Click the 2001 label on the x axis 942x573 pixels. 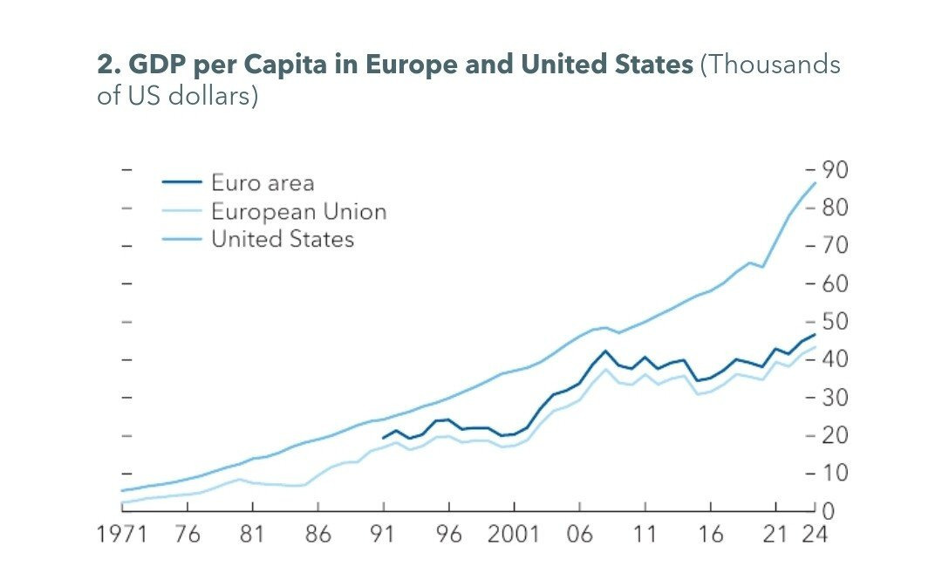(514, 534)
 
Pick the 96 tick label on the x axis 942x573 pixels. (449, 534)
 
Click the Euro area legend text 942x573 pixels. (263, 183)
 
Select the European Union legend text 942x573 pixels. (298, 211)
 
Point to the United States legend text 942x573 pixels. (283, 239)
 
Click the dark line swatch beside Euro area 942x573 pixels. (181, 183)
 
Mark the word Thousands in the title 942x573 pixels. (776, 66)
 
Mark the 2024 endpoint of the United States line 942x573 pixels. (815, 182)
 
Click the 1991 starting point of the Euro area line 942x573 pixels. (383, 438)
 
